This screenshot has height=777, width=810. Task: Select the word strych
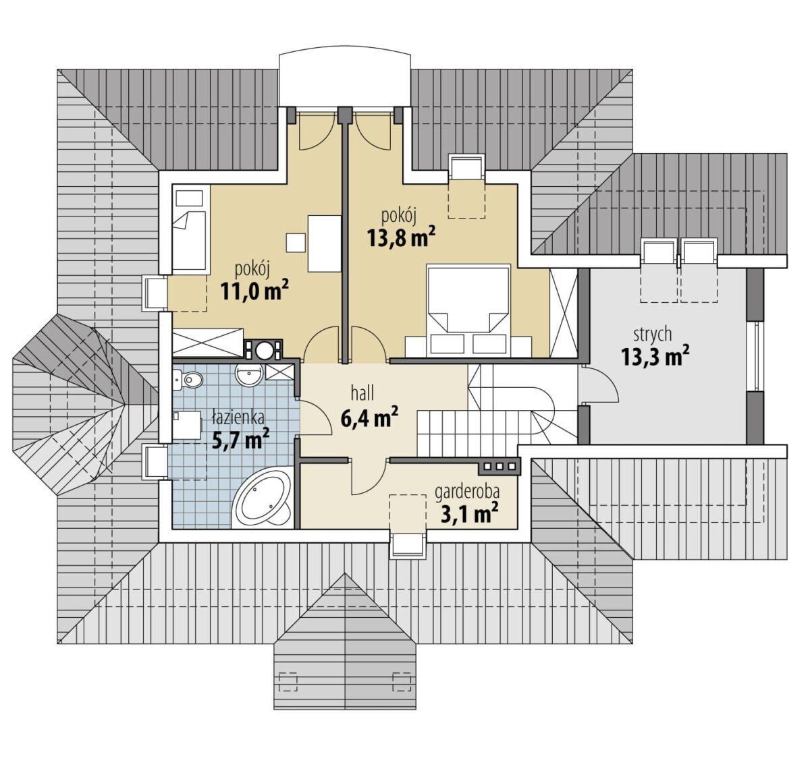point(653,335)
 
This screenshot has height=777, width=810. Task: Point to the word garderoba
point(467,492)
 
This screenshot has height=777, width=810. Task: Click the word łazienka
point(238,417)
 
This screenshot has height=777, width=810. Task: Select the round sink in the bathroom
point(248,375)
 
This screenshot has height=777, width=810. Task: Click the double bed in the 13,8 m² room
point(468,310)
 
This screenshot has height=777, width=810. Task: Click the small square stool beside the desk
point(296,243)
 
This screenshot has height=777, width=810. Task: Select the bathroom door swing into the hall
point(315,418)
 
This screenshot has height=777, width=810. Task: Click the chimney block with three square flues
point(500,467)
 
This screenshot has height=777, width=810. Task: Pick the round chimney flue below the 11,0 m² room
point(263,350)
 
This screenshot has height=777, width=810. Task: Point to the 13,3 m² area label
point(653,357)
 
